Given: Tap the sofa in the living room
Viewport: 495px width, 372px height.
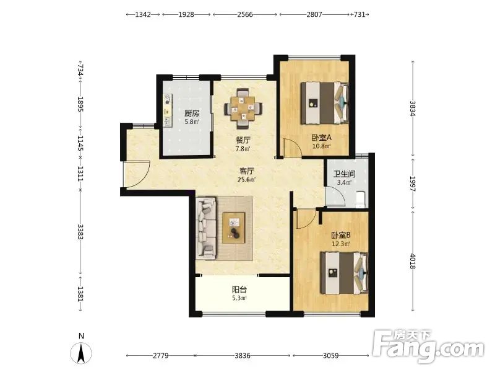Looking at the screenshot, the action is click(206, 227).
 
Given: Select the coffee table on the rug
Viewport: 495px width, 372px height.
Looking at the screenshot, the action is click(234, 228).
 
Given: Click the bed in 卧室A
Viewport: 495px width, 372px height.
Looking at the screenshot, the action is click(324, 103).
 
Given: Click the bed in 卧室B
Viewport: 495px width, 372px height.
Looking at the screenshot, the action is click(344, 273).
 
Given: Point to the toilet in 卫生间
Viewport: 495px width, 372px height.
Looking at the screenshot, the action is click(361, 200).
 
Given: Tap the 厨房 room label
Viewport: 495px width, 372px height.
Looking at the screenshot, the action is click(192, 113).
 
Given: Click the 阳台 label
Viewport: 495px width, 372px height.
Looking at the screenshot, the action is click(239, 289).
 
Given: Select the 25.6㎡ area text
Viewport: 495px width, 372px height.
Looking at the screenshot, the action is click(246, 180).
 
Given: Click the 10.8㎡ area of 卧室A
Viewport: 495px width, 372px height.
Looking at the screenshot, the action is click(321, 146).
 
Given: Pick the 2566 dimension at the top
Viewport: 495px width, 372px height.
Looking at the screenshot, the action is click(245, 14).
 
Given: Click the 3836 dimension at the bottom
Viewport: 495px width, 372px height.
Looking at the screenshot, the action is click(243, 355).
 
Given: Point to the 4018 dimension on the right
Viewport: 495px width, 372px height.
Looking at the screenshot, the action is click(412, 261).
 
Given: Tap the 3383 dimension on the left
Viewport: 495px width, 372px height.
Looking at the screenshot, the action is click(80, 231).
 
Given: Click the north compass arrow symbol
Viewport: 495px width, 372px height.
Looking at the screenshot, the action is click(81, 353).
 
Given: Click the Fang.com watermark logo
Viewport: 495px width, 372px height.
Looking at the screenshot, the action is click(428, 347).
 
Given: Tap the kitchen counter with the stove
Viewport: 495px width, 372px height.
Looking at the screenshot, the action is click(168, 110).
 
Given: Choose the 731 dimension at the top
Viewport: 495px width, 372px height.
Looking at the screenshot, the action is click(360, 14).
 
